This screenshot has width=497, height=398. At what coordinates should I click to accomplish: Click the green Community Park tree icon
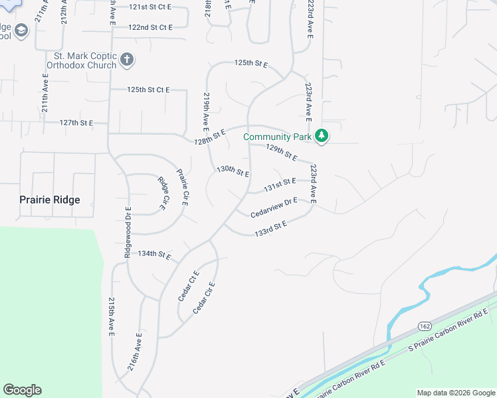[322, 136]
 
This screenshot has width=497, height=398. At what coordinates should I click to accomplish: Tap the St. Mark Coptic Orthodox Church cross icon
[127, 60]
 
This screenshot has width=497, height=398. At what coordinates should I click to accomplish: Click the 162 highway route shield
[425, 325]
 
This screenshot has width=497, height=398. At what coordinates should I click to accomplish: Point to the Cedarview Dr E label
[274, 208]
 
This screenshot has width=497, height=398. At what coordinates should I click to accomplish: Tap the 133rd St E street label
[270, 229]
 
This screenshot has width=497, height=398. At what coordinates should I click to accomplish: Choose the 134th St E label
[154, 254]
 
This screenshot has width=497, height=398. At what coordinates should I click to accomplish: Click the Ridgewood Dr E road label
[128, 232]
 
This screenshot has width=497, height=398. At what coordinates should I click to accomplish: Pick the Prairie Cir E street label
[182, 188]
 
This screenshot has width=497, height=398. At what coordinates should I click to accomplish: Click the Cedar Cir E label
[204, 298]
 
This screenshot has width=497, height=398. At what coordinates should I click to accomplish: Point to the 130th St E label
[233, 171]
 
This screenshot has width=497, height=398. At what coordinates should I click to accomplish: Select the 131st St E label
[279, 184]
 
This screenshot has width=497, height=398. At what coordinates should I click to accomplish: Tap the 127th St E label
[76, 123]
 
